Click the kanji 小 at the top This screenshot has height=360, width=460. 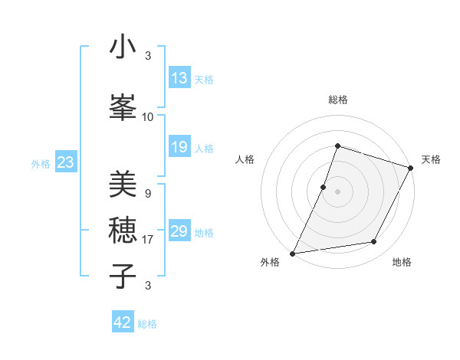[123, 47]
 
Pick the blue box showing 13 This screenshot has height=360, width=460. [179, 78]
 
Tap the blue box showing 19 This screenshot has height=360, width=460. [179, 147]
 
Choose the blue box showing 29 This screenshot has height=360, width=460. [179, 231]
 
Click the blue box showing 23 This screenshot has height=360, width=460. [65, 162]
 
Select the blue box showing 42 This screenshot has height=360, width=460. [123, 322]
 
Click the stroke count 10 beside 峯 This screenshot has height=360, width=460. [148, 117]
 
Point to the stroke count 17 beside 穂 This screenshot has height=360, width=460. [148, 240]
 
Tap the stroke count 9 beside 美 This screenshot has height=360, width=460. [148, 193]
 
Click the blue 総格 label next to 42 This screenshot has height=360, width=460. [147, 324]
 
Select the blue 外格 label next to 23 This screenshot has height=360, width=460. [41, 164]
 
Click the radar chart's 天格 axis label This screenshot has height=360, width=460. [431, 159]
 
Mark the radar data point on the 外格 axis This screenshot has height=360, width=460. [292, 253]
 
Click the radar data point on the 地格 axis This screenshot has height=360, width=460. [374, 242]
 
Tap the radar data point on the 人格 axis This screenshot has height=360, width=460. [324, 187]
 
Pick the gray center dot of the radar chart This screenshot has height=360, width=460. [337, 191]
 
